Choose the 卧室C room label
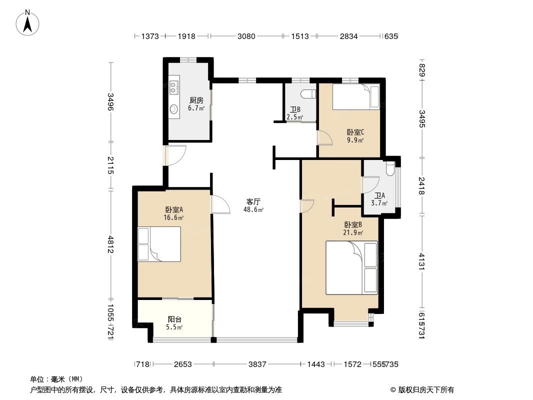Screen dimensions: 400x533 (355, 132)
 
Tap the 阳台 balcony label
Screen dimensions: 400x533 (174, 319)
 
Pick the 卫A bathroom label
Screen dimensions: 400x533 (380, 195)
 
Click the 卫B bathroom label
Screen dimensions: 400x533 (295, 110)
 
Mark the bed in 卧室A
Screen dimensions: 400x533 (160, 244)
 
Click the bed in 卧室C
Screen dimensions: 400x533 (355, 97)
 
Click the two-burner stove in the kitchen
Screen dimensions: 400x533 (173, 87)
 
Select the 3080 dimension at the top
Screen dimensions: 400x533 (246, 36)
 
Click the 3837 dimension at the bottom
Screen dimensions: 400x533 (257, 364)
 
